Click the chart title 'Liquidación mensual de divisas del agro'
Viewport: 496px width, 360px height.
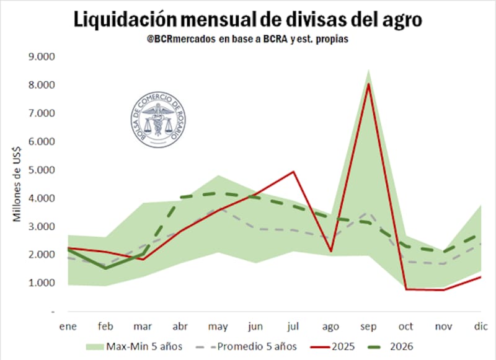248,19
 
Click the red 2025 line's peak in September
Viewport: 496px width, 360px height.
368,84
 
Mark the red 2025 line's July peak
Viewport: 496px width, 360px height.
293,172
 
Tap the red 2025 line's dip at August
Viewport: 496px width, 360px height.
330,251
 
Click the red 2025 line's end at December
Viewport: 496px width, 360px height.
481,277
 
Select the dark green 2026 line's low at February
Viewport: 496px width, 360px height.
105,268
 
